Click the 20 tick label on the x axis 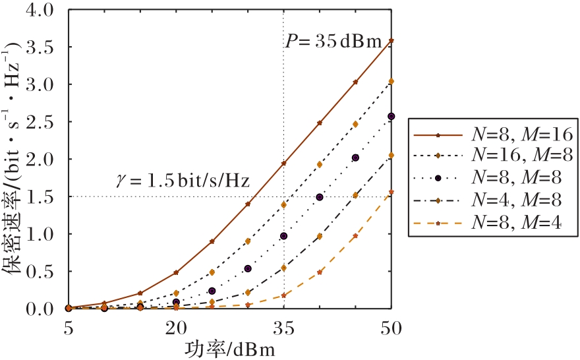[x=176, y=328]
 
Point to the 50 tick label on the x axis [x=391, y=328]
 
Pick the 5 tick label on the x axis [x=69, y=328]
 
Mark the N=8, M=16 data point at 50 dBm [x=391, y=41]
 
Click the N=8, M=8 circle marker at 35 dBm [x=284, y=236]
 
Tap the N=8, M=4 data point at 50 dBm [x=391, y=193]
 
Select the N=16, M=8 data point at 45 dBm [x=355, y=124]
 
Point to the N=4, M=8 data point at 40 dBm [x=320, y=236]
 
